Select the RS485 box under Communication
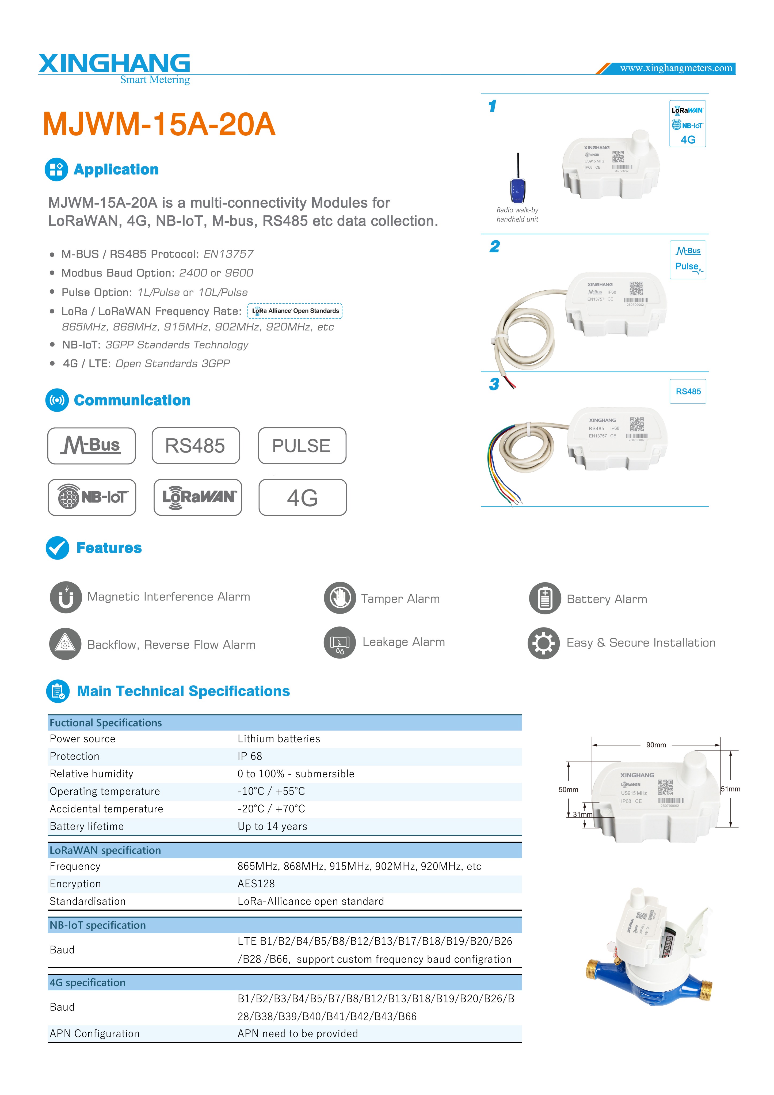[196, 446]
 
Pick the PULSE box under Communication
[302, 446]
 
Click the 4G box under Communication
[302, 497]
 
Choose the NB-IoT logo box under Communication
[92, 497]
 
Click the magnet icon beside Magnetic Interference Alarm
[66, 597]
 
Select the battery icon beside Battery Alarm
[545, 599]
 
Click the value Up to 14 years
[272, 827]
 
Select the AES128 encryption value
[256, 884]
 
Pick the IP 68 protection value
[250, 756]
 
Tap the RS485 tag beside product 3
[688, 391]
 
